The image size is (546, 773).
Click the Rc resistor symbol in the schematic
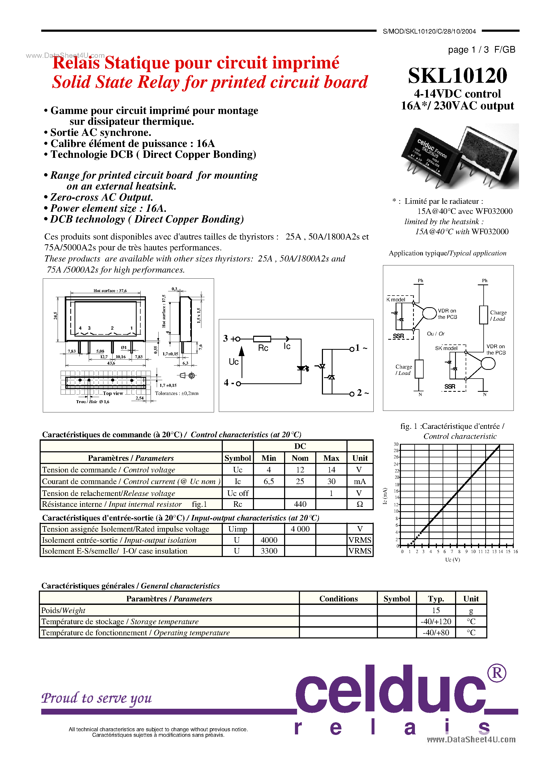[262, 339]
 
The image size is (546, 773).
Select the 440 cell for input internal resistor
[300, 504]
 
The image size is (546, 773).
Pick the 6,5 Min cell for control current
[269, 481]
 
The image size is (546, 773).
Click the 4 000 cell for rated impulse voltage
[300, 529]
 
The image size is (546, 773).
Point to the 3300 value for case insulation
[269, 551]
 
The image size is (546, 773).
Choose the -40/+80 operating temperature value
[436, 633]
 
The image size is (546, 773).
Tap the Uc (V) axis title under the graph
[452, 560]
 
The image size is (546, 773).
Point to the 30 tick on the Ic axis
[396, 444]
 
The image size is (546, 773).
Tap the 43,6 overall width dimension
[111, 363]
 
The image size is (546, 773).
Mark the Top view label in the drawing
[113, 393]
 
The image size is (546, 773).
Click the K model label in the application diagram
[396, 300]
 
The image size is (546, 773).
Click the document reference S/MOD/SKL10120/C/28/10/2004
[429, 31]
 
